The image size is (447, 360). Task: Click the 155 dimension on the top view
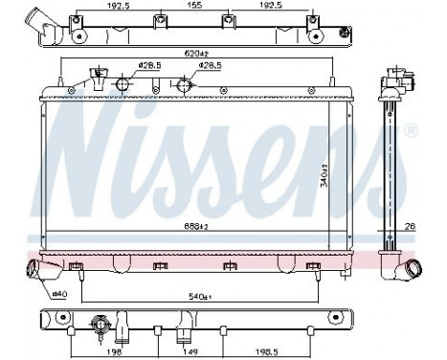click(193, 6)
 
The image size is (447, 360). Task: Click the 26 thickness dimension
click(409, 227)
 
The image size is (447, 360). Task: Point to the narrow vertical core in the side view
click(393, 172)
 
